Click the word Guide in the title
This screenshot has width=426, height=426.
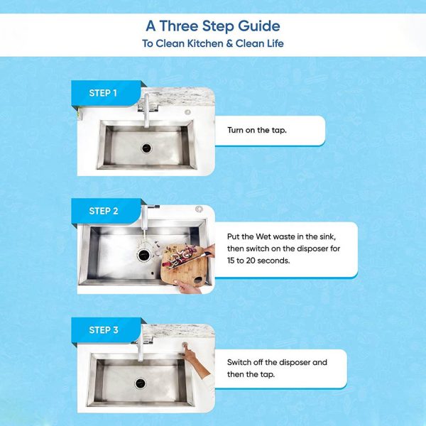[x=259, y=26]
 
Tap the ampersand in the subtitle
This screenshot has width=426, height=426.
[x=229, y=43]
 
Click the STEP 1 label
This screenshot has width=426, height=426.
[x=103, y=93]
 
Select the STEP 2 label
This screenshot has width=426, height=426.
[x=104, y=211]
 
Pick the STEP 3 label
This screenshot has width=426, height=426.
[x=104, y=330]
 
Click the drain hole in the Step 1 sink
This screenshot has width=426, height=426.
[x=146, y=148]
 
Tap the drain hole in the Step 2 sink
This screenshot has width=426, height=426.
[x=143, y=255]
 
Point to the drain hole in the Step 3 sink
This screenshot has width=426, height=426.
[x=140, y=383]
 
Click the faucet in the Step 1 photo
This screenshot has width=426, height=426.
[x=147, y=110]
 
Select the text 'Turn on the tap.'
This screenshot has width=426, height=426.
[x=257, y=130]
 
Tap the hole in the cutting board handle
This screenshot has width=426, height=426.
[x=198, y=280]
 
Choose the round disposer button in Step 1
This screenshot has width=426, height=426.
[x=187, y=112]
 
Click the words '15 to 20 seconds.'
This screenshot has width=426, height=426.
[x=258, y=261]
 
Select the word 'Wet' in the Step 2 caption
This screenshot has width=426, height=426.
[x=263, y=236]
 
